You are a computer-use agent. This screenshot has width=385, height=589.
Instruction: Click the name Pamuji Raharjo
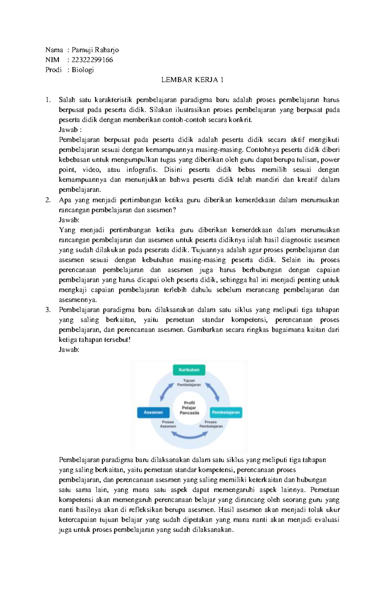point(95,50)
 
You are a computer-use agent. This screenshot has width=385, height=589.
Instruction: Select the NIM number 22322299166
point(92,60)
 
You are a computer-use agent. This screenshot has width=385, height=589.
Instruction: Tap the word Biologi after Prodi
point(82,70)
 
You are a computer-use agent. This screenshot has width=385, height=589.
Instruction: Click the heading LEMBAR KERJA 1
point(192,80)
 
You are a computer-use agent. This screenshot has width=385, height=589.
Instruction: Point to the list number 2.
point(48,200)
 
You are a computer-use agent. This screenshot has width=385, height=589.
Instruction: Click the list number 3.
point(48,310)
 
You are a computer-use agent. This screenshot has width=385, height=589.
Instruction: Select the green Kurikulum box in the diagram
point(189,370)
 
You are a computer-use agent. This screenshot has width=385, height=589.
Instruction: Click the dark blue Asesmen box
point(153,412)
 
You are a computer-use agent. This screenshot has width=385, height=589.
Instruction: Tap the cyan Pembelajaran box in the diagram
point(226,412)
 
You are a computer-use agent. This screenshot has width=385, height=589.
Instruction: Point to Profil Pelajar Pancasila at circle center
point(189,408)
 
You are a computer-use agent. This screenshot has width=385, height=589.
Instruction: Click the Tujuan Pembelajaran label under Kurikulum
point(189,382)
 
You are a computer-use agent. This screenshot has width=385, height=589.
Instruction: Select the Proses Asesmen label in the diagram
point(168,424)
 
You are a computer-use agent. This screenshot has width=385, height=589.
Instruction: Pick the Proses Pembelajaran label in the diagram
point(211,424)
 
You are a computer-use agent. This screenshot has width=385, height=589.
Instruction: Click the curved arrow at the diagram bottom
point(189,435)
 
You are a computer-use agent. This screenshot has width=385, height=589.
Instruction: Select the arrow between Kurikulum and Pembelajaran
point(212,391)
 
